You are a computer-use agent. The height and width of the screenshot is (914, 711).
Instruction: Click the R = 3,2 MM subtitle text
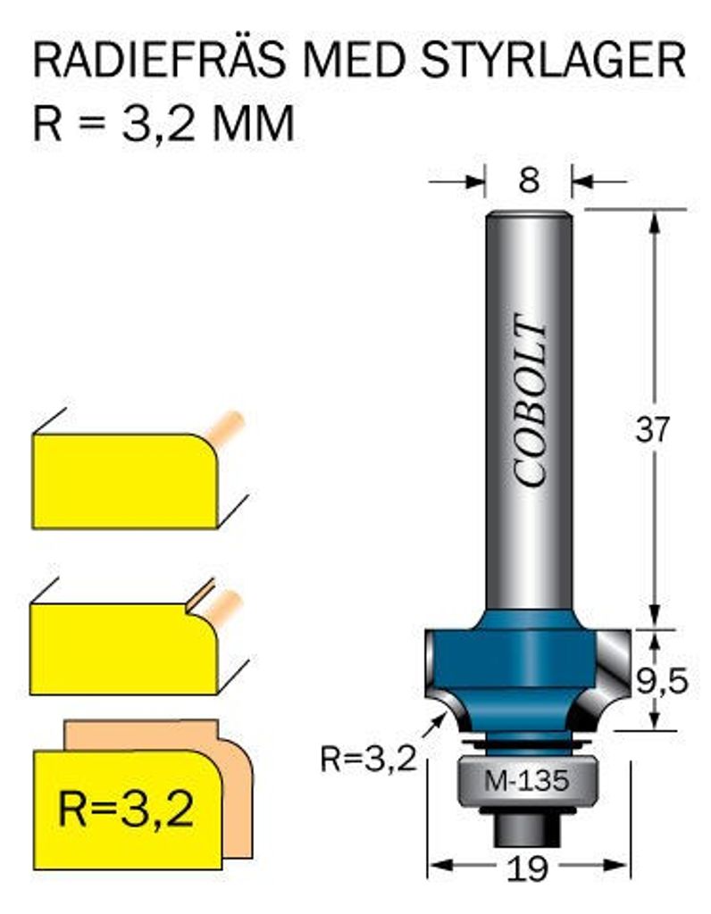[x=163, y=124]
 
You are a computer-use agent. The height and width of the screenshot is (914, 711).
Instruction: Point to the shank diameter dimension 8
[x=529, y=181]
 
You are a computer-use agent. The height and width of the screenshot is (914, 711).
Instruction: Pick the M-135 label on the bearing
[x=527, y=782]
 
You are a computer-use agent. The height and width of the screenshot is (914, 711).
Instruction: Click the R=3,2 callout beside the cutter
[x=368, y=760]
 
